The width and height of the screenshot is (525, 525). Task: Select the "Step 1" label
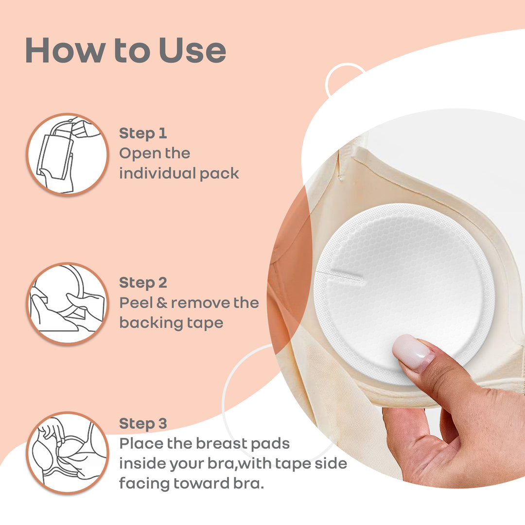[143, 133]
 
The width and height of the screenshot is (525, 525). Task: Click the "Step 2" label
[143, 282]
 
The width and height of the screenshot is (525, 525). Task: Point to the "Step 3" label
[143, 423]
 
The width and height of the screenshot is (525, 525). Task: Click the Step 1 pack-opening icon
[67, 155]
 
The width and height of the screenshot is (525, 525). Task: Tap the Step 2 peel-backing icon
[67, 304]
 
